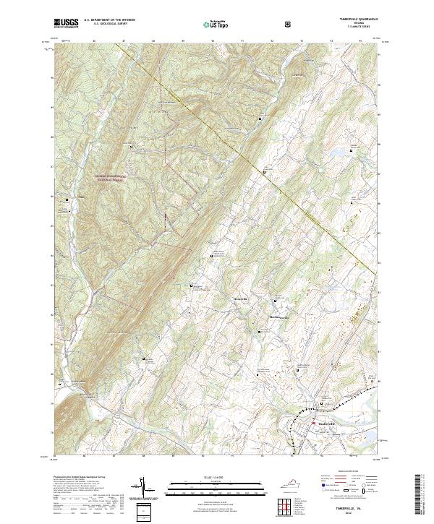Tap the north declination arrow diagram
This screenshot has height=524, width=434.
pos(142,489)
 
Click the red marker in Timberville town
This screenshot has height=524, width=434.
pos(313,424)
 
